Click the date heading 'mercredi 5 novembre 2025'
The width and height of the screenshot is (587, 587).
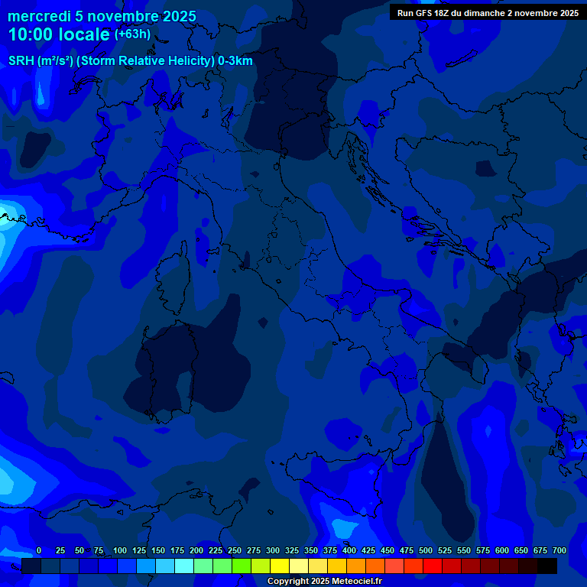click(x=102, y=16)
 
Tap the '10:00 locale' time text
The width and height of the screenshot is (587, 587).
click(x=59, y=34)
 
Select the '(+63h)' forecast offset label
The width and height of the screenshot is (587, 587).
click(x=132, y=34)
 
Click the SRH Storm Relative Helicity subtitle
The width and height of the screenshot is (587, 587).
click(x=131, y=61)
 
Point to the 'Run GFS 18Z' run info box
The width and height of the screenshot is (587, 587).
click(x=487, y=13)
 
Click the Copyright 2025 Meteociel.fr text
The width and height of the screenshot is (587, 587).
click(x=324, y=581)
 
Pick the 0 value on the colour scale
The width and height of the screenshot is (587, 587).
click(x=39, y=550)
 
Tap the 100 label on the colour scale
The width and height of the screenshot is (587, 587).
click(x=120, y=550)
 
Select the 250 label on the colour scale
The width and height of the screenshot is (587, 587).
click(x=235, y=550)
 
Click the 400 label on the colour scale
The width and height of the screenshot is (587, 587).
click(x=349, y=550)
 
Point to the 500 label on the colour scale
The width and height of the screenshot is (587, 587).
click(x=426, y=550)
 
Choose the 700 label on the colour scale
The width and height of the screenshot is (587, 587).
click(x=559, y=550)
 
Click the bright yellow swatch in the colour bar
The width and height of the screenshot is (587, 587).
click(x=280, y=566)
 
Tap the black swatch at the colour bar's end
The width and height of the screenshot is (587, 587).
click(x=547, y=566)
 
